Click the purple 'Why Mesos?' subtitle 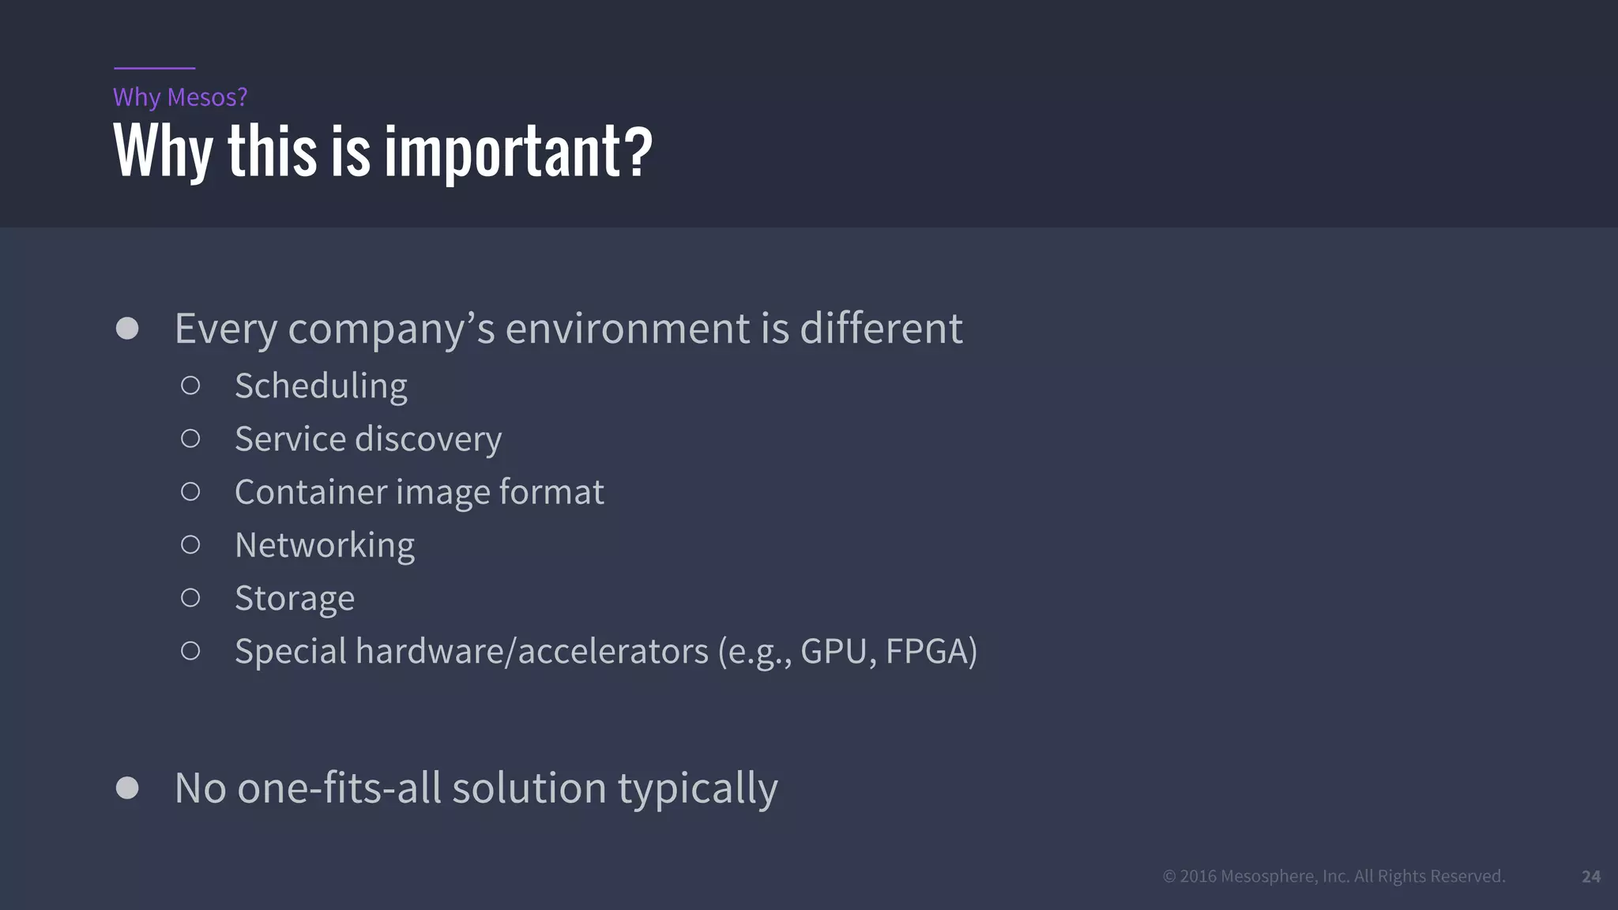(x=180, y=97)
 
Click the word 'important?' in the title (x=518, y=152)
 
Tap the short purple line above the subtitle (x=154, y=69)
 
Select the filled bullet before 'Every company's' (x=127, y=329)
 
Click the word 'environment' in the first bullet (x=627, y=329)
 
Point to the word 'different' (x=881, y=329)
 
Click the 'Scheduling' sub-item (x=321, y=386)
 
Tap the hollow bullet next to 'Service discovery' (x=190, y=438)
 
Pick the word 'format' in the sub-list (x=551, y=492)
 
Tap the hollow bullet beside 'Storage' (x=190, y=598)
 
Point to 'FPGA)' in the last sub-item (x=931, y=652)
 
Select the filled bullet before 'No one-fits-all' (x=127, y=788)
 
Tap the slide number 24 (x=1590, y=876)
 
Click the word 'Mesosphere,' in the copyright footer (x=1269, y=876)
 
